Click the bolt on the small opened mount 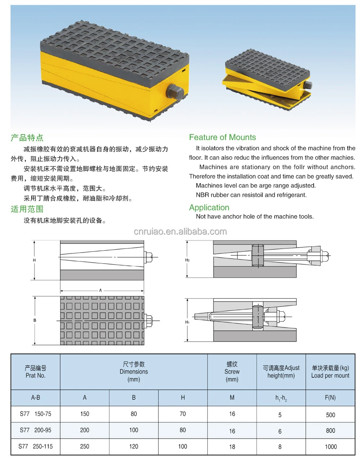pyautogui.click(x=308, y=85)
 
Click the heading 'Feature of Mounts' pyautogui.click(x=222, y=137)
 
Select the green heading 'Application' pyautogui.click(x=209, y=207)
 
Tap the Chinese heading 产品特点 pyautogui.click(x=27, y=138)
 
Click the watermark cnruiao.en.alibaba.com pyautogui.click(x=180, y=232)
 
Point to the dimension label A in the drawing pyautogui.click(x=101, y=290)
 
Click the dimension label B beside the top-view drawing pyautogui.click(x=35, y=320)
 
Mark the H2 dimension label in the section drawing pyautogui.click(x=187, y=260)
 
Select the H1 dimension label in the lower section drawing pyautogui.click(x=187, y=322)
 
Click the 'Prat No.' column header pyautogui.click(x=35, y=375)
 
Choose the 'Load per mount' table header pyautogui.click(x=330, y=375)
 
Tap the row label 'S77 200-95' pyautogui.click(x=35, y=430)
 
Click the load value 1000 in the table pyautogui.click(x=330, y=447)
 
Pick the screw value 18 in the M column pyautogui.click(x=232, y=447)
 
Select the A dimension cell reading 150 pyautogui.click(x=85, y=414)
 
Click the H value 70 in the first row pyautogui.click(x=183, y=414)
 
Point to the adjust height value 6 pyautogui.click(x=280, y=431)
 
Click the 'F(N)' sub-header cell pyautogui.click(x=330, y=398)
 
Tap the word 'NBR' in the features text pyautogui.click(x=202, y=195)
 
